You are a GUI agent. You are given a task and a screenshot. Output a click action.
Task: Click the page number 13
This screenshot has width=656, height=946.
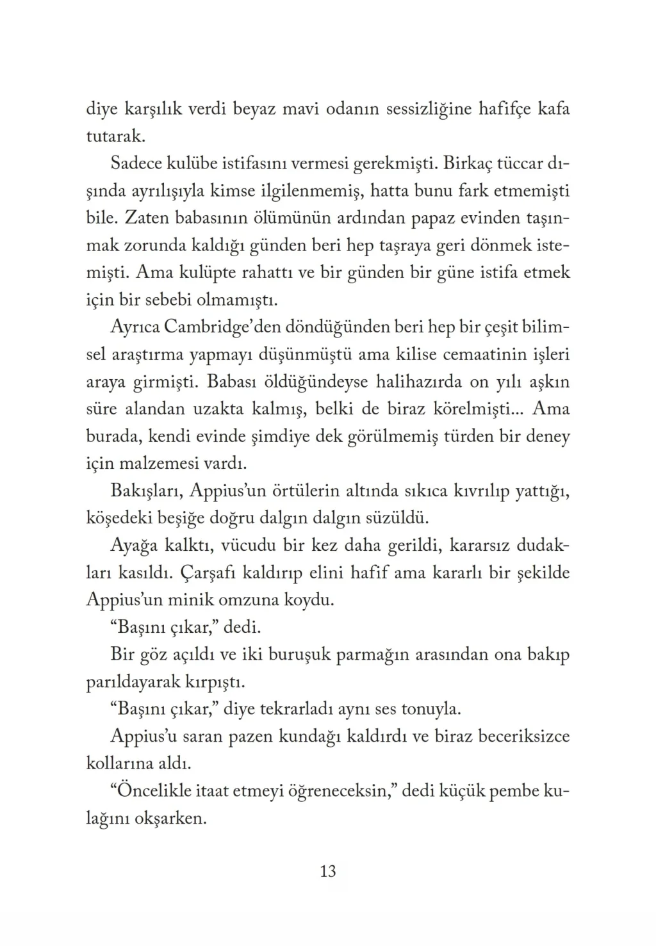(327, 872)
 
